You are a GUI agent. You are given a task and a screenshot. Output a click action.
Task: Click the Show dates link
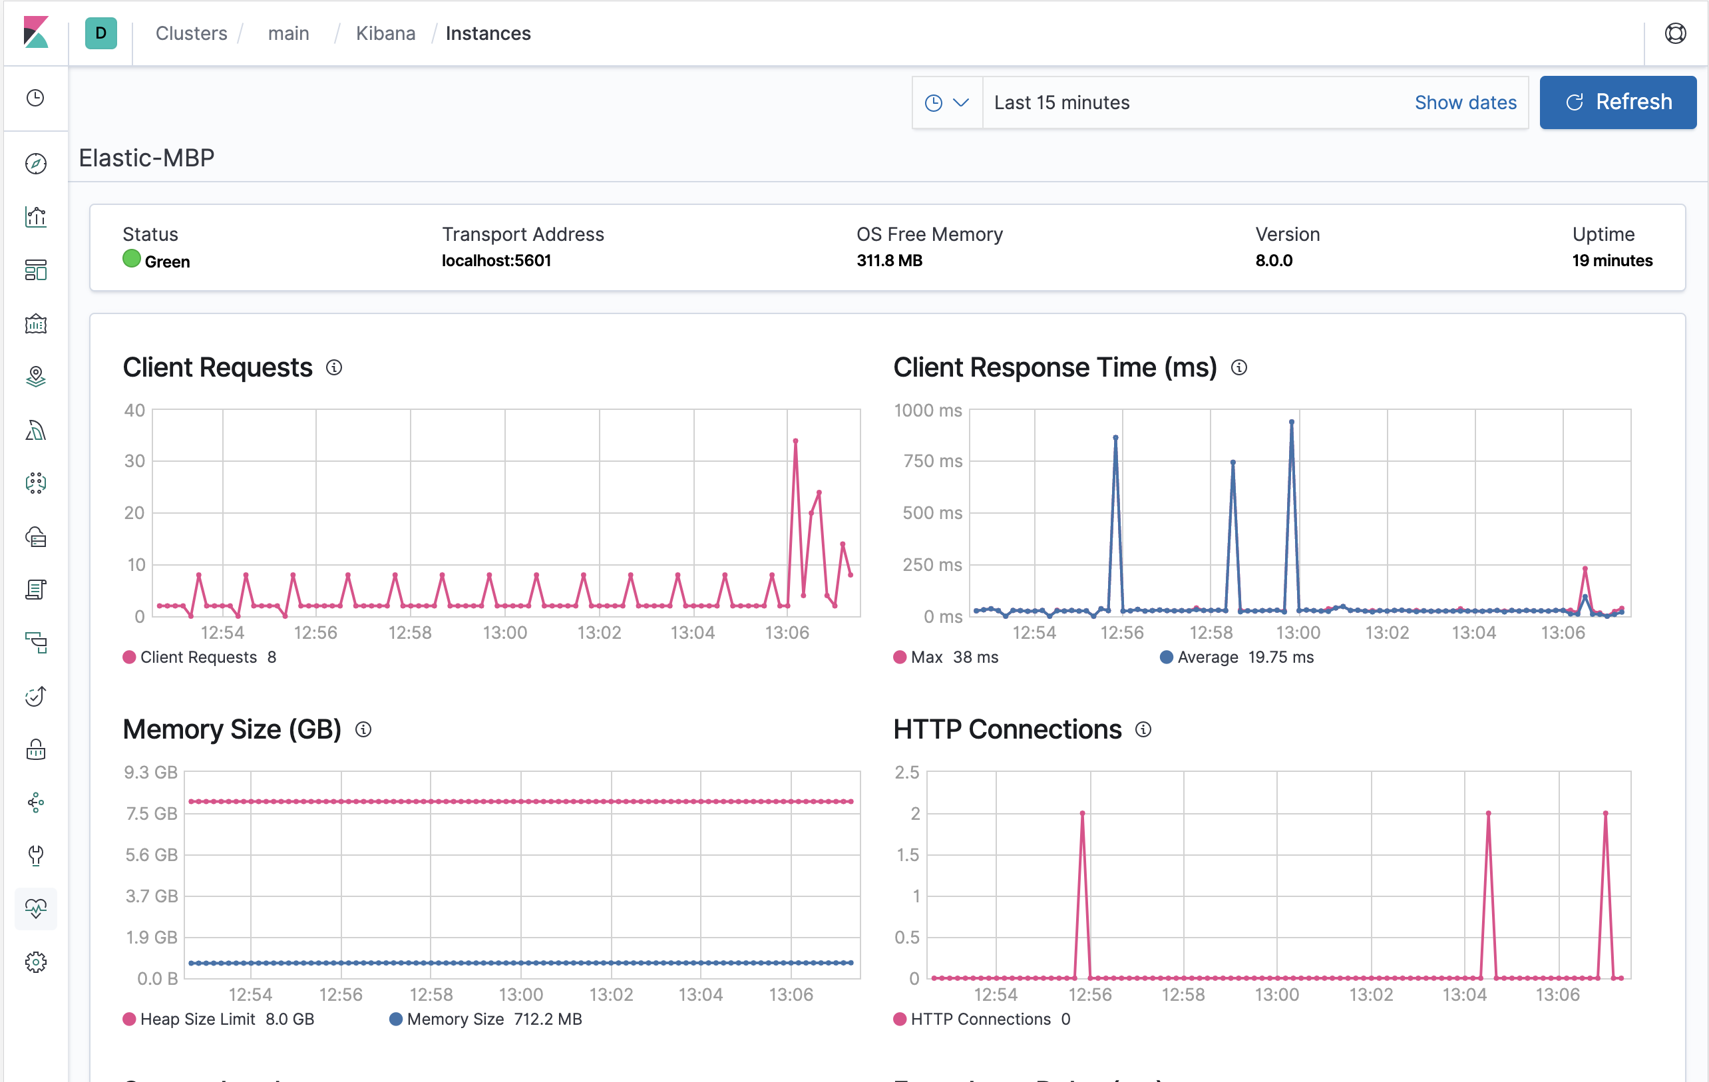(1465, 103)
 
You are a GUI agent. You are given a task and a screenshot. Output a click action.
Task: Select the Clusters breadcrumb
(191, 33)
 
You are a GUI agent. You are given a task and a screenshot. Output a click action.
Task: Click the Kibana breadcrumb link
(385, 33)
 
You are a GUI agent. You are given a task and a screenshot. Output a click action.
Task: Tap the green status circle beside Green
(131, 259)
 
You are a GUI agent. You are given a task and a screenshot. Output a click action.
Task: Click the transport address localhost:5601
(496, 260)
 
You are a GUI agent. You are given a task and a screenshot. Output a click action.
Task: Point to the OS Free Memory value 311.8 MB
(888, 260)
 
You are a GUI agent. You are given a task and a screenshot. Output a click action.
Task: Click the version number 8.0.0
(1273, 260)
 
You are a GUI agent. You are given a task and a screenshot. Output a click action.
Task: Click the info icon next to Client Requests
(333, 367)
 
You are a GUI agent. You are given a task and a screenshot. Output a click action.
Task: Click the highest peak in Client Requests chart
(795, 441)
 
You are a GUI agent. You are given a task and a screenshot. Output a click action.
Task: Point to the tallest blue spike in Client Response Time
(1291, 423)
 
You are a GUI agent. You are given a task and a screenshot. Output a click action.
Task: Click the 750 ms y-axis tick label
(932, 461)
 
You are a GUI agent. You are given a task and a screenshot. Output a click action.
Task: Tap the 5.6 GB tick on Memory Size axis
(151, 854)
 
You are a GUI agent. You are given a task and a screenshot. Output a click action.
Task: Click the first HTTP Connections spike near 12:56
(1081, 814)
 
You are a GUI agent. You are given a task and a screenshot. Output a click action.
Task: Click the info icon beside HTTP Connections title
(1143, 729)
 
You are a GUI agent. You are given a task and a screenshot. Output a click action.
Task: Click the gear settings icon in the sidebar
(35, 962)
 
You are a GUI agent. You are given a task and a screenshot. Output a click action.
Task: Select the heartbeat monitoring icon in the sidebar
(35, 908)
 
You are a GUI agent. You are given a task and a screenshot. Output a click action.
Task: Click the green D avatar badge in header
(100, 33)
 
